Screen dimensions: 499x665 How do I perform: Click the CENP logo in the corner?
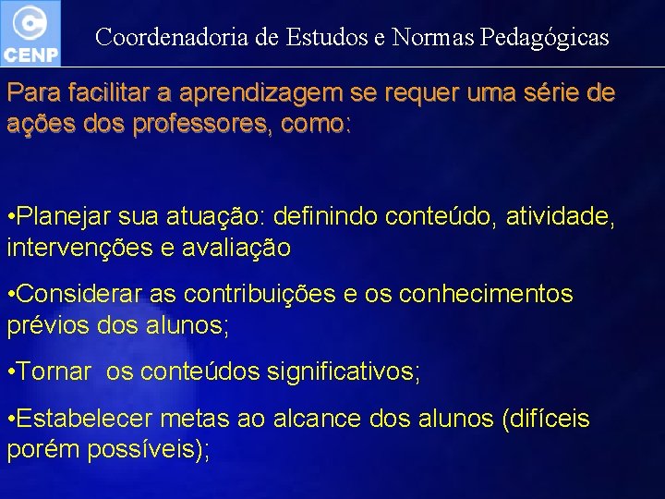tap(30, 32)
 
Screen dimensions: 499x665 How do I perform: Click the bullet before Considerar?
tap(9, 296)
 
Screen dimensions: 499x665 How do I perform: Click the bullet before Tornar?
tap(9, 372)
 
